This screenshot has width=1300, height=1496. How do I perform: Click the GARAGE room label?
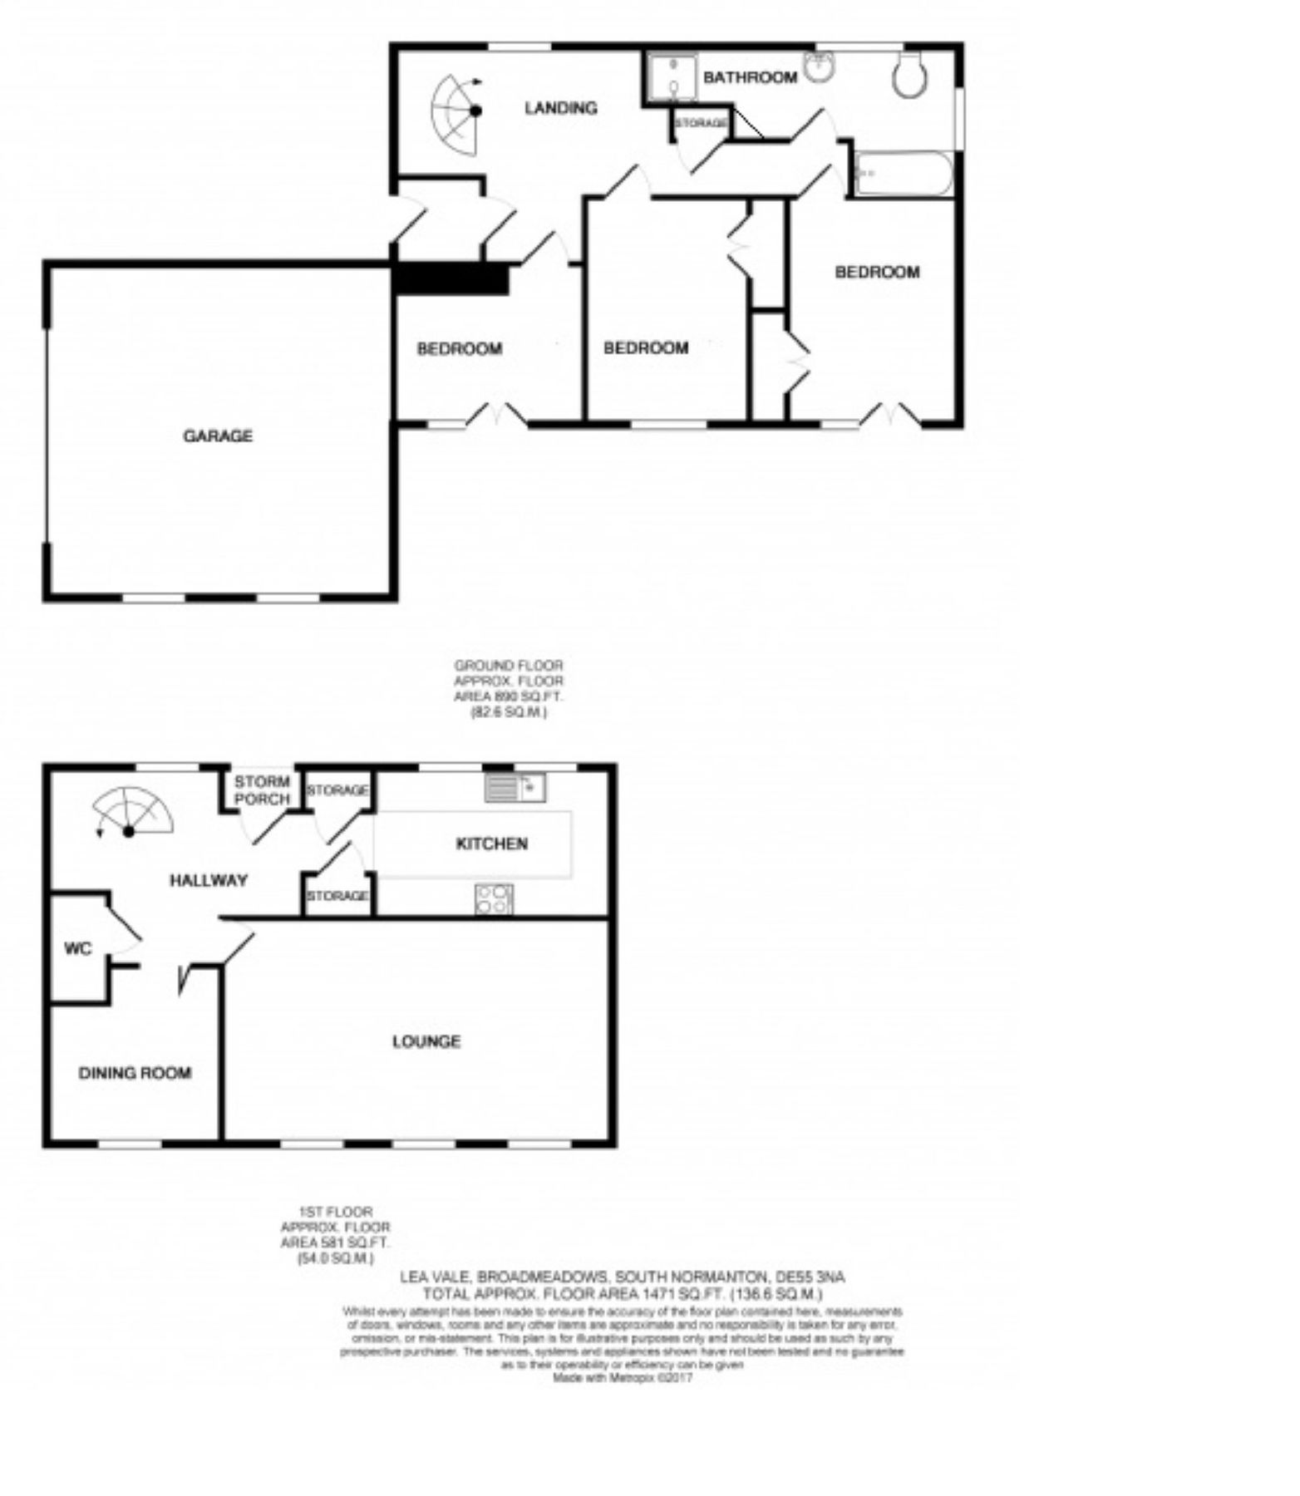tap(218, 436)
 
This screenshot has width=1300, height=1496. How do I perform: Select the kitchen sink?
tap(515, 787)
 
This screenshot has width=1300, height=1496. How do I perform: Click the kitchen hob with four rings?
tap(494, 899)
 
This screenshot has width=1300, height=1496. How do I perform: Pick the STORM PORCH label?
tap(262, 790)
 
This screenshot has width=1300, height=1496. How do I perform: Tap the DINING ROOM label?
tap(135, 1073)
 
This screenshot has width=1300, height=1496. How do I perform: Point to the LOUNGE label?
tap(426, 1041)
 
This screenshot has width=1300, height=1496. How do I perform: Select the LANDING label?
tap(561, 107)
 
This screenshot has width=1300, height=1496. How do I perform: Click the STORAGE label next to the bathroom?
tap(701, 123)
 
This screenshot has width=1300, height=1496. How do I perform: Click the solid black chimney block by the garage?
tap(451, 278)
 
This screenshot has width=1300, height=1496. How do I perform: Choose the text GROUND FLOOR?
tap(508, 665)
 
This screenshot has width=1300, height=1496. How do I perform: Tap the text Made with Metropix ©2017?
tap(623, 1378)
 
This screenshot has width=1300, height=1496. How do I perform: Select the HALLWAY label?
tap(209, 880)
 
